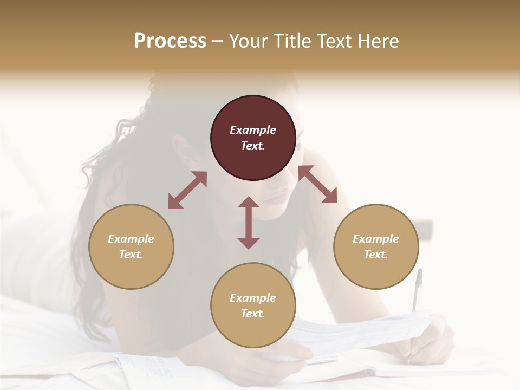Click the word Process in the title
tap(170, 41)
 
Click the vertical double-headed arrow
tap(249, 223)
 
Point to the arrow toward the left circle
tap(187, 190)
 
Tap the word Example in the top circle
tap(253, 130)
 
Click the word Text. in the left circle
tap(131, 255)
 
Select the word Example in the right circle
tap(376, 239)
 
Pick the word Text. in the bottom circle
tap(253, 314)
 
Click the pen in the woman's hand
tap(416, 292)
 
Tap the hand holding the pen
tap(433, 341)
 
